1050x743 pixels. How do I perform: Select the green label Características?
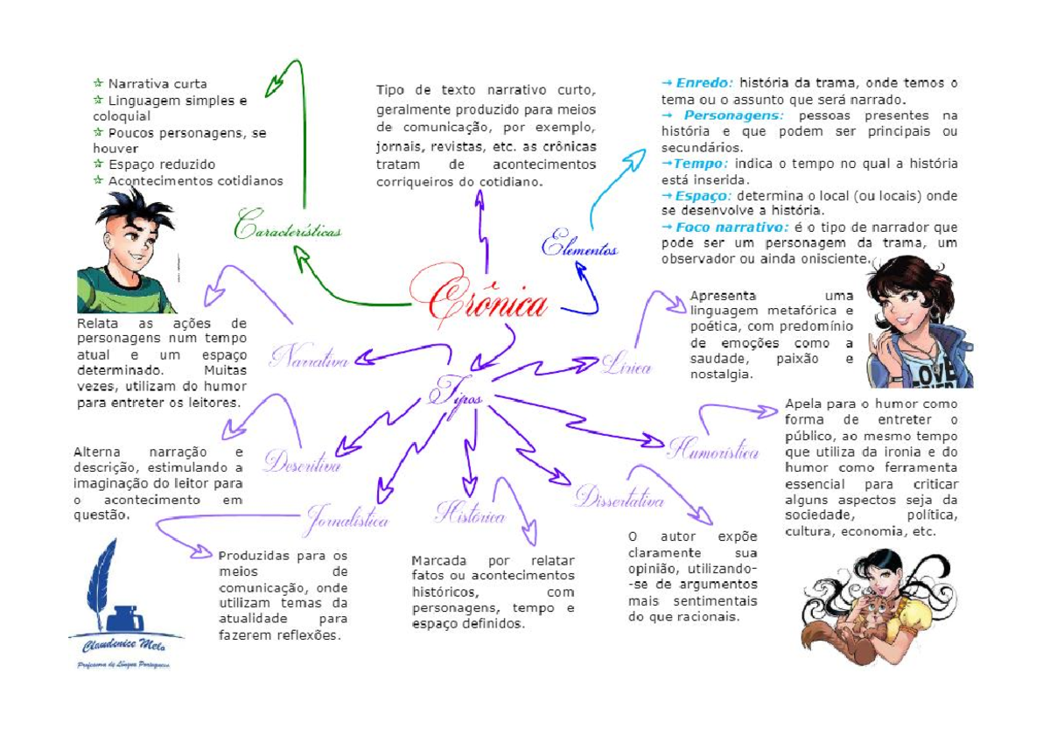(x=287, y=226)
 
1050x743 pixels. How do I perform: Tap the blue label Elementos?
(x=579, y=246)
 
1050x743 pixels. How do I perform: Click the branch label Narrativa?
(x=310, y=359)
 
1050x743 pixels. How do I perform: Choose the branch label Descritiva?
(x=303, y=465)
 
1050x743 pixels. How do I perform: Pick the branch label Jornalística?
(x=347, y=520)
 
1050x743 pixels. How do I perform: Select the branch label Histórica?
(x=470, y=515)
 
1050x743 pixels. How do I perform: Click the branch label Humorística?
(x=713, y=451)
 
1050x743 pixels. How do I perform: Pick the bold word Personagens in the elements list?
(x=734, y=116)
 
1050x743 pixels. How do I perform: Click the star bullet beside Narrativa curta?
(x=98, y=84)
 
